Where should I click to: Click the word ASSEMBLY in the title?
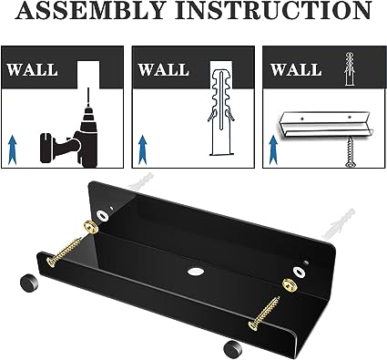point(89,11)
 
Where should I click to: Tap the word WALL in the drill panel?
point(33,70)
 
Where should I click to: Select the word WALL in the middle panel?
point(164,70)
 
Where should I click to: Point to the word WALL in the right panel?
point(296,70)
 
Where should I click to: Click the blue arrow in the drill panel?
point(12,150)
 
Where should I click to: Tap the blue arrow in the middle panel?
point(143,150)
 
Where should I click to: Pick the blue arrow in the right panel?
point(273,150)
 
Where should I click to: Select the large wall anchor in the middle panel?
point(221,112)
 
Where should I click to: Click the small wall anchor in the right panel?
point(350,69)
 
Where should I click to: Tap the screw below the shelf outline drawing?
point(350,152)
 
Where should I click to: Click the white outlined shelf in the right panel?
point(325,126)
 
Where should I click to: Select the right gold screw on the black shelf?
point(264,314)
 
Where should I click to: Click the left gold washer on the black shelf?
point(91,226)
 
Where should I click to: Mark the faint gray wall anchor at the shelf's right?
point(339,223)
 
